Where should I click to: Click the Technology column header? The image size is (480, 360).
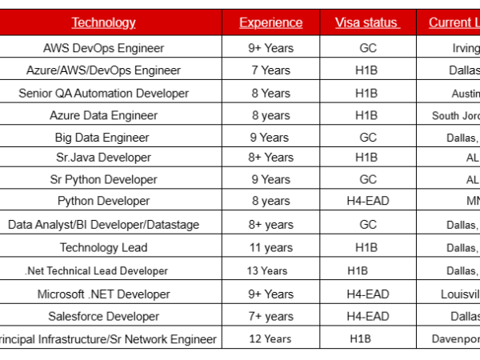click(104, 22)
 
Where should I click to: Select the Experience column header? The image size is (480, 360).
click(271, 22)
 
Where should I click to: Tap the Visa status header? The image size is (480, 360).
click(367, 22)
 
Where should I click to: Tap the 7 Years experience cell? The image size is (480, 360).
click(270, 70)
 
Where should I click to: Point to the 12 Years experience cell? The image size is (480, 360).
click(270, 339)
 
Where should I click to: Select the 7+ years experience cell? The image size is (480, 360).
click(271, 317)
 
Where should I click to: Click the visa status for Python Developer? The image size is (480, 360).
click(368, 201)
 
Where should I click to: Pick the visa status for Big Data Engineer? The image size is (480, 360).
click(368, 138)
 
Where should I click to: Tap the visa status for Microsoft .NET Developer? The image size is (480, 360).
click(368, 294)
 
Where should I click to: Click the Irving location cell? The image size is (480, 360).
click(465, 48)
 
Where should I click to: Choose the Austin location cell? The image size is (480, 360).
click(465, 93)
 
